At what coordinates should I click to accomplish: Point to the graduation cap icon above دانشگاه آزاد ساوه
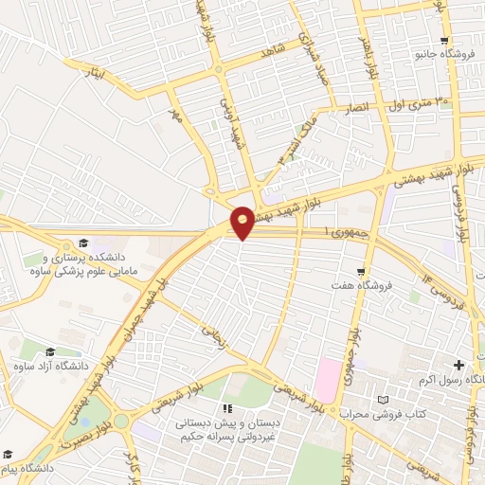(49, 352)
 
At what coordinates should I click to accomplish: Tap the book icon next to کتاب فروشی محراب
(383, 401)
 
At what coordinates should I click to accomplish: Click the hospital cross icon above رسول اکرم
(458, 365)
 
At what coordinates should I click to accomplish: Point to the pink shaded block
(327, 379)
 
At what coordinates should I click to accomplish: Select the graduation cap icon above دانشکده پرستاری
(82, 243)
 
